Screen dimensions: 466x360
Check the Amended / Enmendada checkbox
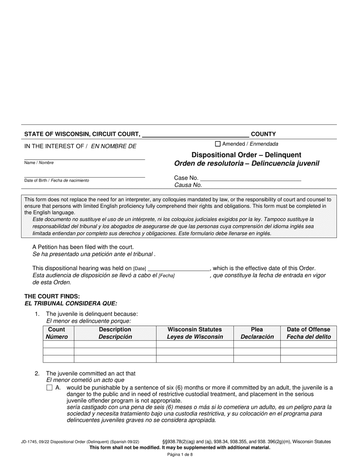(x=218, y=144)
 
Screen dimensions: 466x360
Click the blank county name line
(x=195, y=134)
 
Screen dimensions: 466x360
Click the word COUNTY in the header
(x=263, y=134)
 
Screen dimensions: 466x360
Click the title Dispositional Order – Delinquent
(x=246, y=155)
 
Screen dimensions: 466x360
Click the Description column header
(x=115, y=333)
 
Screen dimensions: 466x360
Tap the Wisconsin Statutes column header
(x=195, y=333)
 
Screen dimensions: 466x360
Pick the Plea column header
(x=257, y=333)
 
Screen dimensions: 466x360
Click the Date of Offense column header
(x=308, y=333)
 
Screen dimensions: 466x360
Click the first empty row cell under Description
(x=115, y=344)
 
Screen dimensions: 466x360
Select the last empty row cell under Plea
(x=257, y=359)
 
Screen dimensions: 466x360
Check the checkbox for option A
(x=49, y=388)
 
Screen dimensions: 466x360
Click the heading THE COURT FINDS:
(x=52, y=296)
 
